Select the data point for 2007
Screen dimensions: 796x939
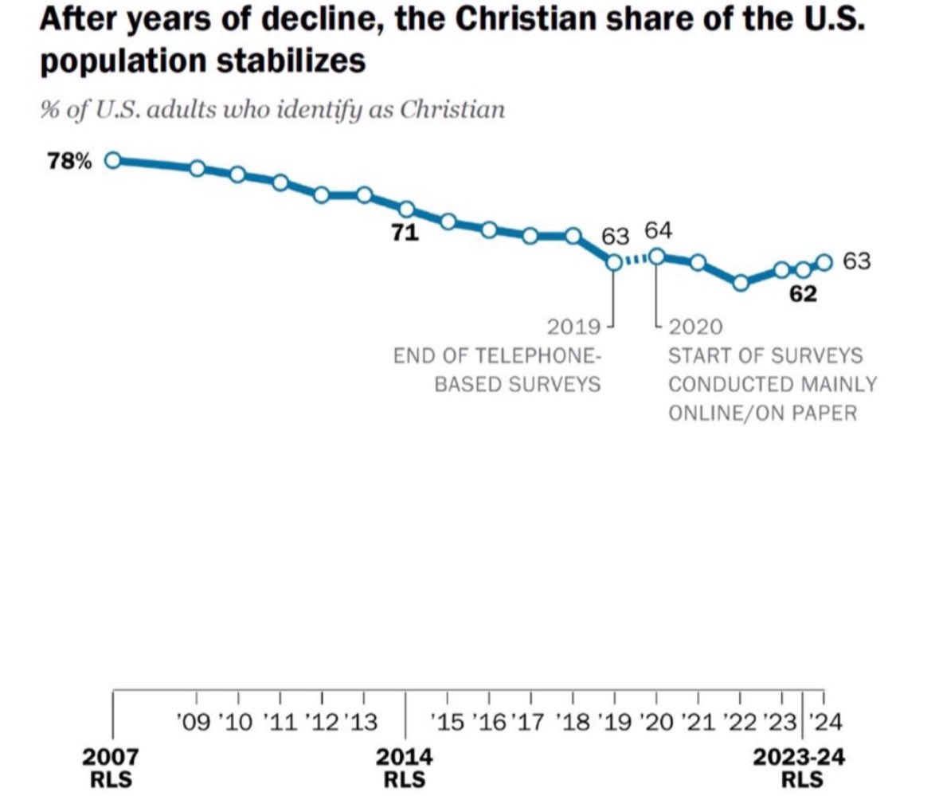tap(113, 160)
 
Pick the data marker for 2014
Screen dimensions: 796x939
tap(406, 210)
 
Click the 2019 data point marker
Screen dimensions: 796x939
tap(614, 262)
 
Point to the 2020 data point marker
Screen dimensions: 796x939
tap(656, 256)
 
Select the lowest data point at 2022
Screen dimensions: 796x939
tap(741, 283)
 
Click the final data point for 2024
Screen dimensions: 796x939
tap(824, 262)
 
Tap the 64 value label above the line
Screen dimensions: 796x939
tap(658, 230)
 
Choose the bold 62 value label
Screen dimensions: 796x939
tap(802, 294)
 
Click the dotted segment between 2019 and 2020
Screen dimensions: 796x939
tap(635, 259)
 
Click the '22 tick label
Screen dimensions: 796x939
tap(740, 723)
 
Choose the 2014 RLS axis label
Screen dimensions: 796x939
tap(405, 766)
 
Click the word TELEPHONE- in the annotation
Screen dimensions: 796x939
tap(534, 355)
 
